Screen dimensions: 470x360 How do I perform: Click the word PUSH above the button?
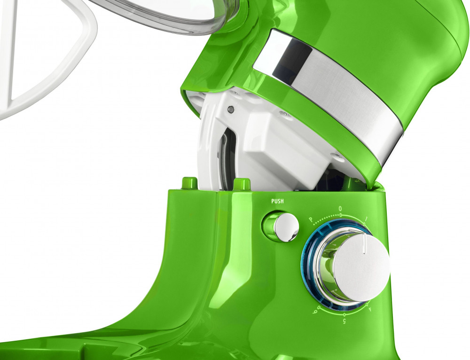click(277, 201)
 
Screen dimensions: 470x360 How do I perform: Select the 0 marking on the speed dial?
click(340, 209)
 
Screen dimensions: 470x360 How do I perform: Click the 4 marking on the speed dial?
click(369, 309)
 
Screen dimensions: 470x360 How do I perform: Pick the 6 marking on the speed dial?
click(315, 313)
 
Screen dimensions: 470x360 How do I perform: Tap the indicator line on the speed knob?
click(364, 244)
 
